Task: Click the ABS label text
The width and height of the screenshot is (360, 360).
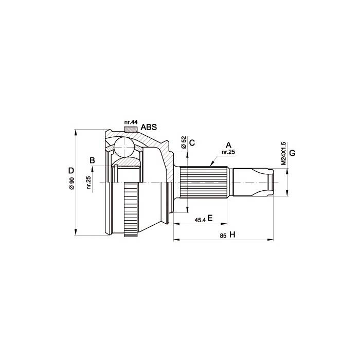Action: tap(149, 127)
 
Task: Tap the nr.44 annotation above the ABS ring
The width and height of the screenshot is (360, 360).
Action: tap(131, 122)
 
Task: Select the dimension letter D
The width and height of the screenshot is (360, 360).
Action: tap(71, 171)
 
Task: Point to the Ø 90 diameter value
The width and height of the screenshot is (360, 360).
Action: tap(72, 183)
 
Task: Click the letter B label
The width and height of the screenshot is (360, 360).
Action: tap(92, 160)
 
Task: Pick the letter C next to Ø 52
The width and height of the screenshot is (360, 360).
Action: tap(192, 143)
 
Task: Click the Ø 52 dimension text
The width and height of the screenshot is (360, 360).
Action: tap(184, 142)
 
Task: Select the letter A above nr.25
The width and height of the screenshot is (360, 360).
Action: tap(228, 145)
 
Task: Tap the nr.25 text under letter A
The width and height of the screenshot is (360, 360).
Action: tap(228, 152)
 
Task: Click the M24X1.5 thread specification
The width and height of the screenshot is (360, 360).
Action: tap(283, 153)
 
